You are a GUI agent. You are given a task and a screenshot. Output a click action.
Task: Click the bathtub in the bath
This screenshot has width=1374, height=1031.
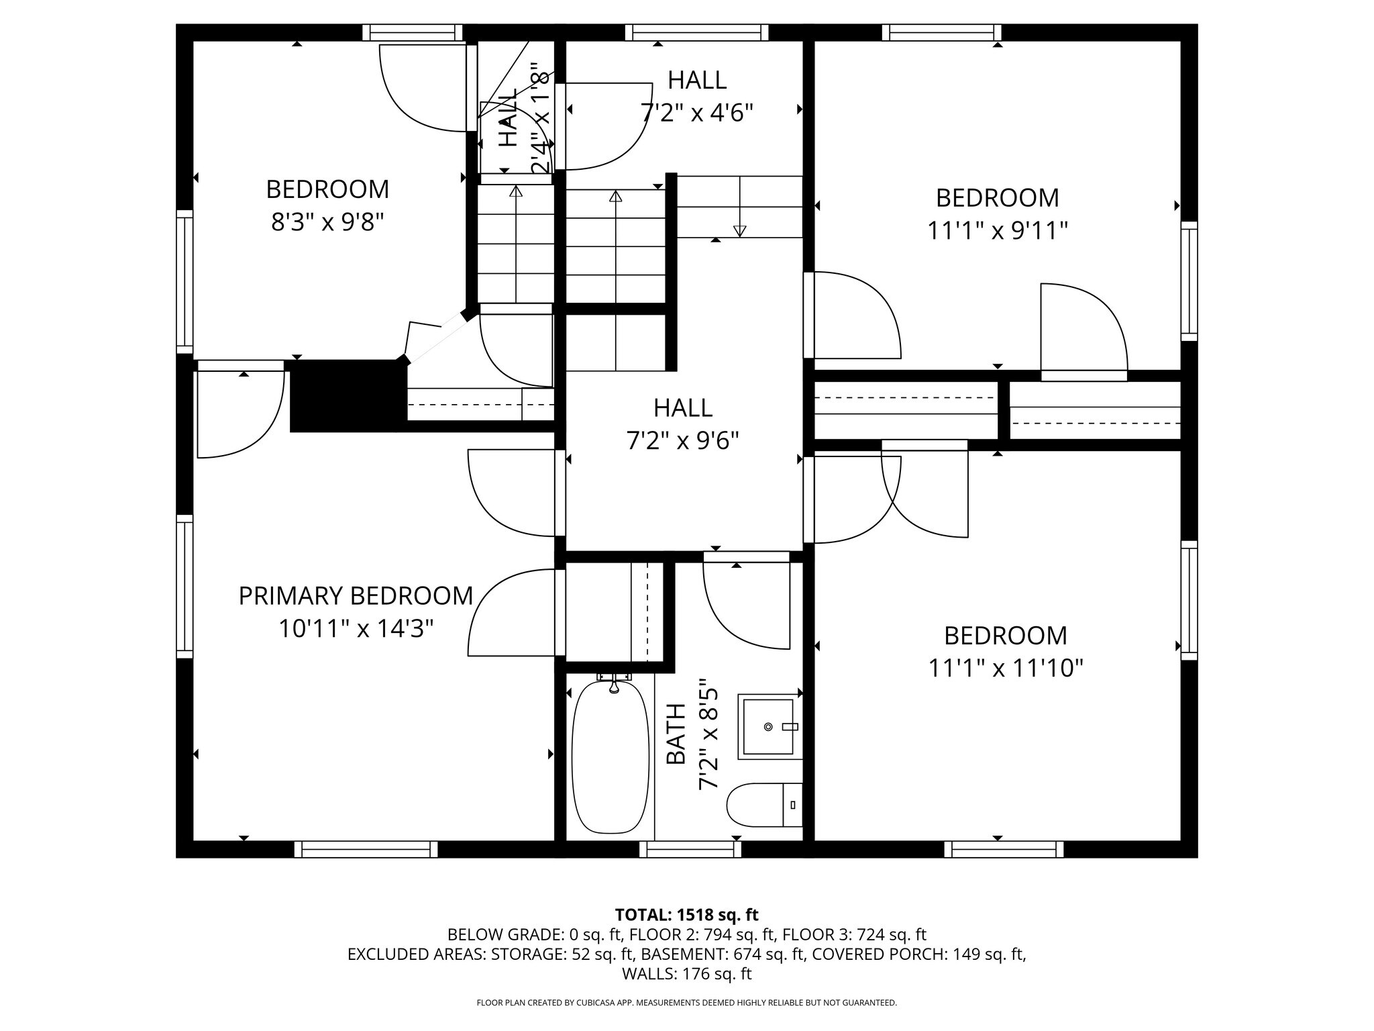(610, 757)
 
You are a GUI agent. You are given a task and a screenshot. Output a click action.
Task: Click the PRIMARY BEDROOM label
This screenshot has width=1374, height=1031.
(356, 596)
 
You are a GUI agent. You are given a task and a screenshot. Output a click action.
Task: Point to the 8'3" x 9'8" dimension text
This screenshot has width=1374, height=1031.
(327, 222)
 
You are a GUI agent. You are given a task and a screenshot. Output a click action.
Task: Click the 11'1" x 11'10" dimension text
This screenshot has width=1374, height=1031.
(1006, 669)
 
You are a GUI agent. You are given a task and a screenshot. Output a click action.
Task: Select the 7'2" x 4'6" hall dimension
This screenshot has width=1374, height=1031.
(697, 113)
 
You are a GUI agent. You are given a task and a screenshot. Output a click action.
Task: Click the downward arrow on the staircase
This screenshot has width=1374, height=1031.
(740, 230)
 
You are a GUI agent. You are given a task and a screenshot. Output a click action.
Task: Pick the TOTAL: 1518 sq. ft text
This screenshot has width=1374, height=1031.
(686, 915)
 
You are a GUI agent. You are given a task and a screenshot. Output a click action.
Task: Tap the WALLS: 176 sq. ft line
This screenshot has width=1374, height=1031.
(686, 973)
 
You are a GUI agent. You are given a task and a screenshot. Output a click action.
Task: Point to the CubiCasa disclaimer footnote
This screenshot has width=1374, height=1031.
(686, 1003)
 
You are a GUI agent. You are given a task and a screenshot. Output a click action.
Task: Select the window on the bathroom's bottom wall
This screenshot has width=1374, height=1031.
(690, 849)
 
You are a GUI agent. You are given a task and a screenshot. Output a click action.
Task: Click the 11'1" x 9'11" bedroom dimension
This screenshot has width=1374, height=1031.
(997, 231)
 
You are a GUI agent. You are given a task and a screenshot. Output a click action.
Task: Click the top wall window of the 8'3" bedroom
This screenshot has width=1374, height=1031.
(413, 32)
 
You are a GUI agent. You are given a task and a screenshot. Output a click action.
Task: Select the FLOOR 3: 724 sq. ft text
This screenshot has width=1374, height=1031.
(854, 934)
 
